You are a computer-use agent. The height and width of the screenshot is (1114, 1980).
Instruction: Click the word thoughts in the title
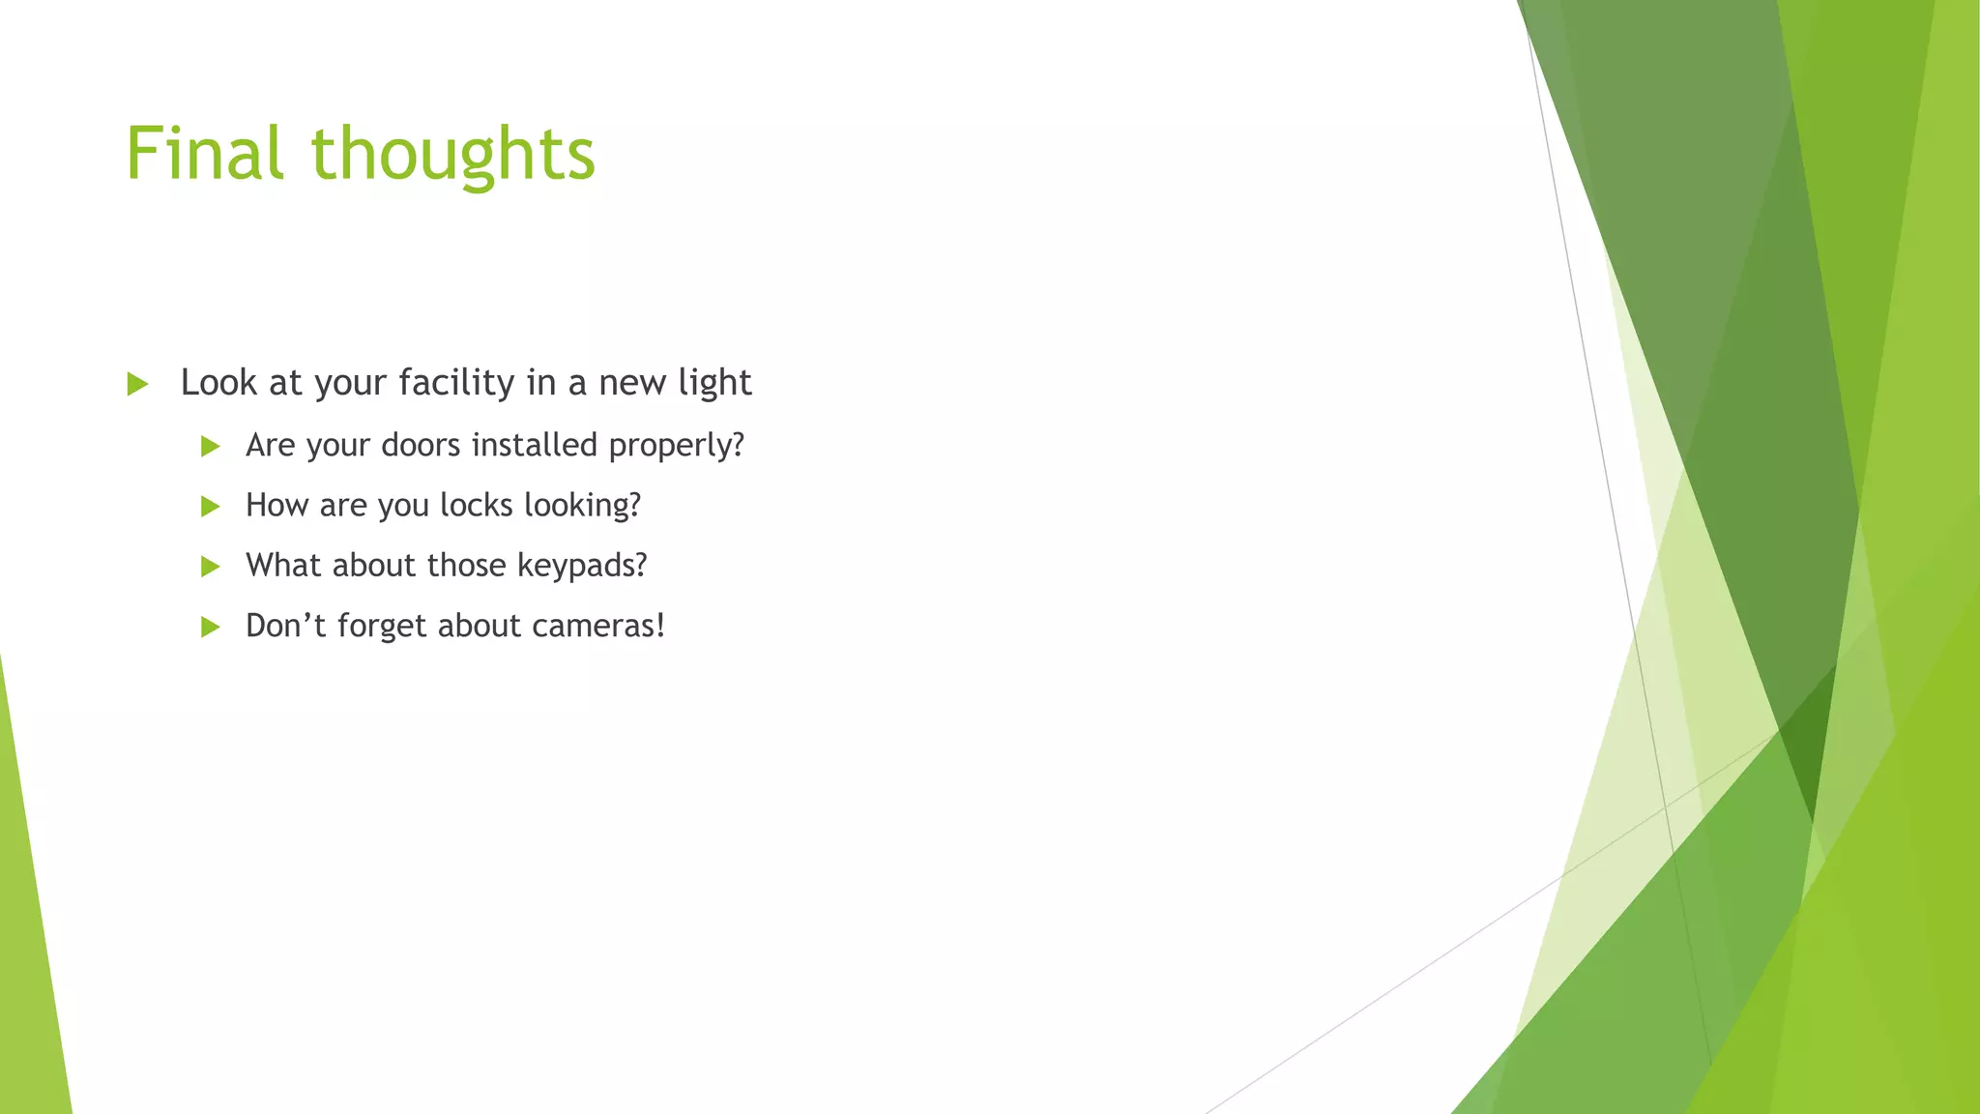pos(452,154)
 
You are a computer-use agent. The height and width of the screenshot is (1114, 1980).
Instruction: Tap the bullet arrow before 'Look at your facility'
pos(137,384)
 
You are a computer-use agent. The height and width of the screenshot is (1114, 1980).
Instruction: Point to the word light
pos(714,383)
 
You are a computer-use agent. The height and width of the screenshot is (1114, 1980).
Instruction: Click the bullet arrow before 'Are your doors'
pos(210,446)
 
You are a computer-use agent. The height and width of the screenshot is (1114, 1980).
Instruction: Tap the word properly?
pos(677,446)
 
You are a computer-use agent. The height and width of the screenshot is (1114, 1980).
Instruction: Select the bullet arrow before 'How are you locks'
pos(210,506)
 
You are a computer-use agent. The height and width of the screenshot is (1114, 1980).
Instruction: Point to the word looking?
pos(582,506)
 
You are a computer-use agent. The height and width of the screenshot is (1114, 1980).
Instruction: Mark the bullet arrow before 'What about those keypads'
pos(210,567)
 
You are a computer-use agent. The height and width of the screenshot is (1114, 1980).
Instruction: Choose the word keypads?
pos(582,566)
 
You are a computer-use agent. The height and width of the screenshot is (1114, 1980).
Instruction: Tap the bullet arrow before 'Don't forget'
pos(210,627)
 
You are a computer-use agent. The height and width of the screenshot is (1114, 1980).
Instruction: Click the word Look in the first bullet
pos(218,383)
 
